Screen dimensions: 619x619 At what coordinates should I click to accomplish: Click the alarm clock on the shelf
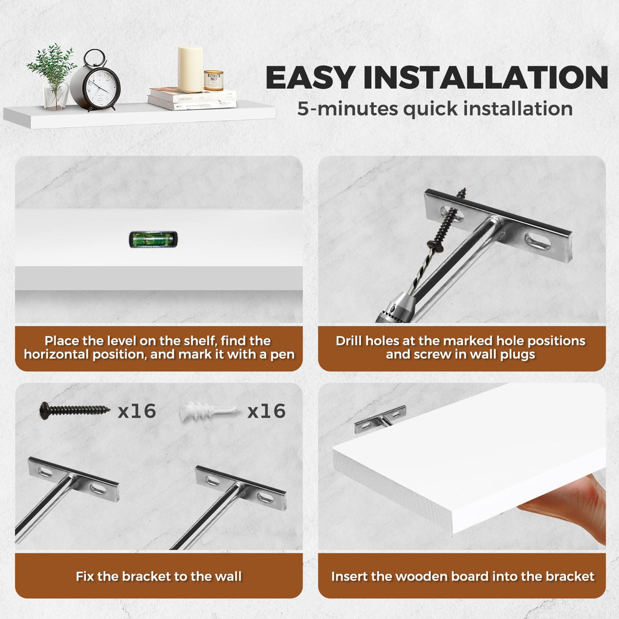95,81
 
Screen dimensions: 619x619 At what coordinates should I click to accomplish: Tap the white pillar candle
190,69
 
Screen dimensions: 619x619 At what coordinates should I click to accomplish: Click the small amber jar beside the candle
213,80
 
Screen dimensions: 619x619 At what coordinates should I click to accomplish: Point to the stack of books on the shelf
192,99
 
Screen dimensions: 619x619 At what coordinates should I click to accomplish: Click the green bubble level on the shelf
153,239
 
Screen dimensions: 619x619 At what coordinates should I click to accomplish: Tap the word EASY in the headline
309,77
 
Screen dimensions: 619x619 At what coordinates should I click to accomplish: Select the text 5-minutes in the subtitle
348,109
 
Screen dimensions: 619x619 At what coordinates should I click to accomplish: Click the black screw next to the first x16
74,410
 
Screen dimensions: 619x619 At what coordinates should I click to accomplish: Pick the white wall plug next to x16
209,412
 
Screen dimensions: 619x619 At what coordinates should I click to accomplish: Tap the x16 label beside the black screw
137,411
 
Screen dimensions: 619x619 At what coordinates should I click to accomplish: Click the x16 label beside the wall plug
267,411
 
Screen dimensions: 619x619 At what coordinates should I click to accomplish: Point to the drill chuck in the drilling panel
395,307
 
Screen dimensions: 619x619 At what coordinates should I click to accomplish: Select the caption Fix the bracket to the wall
159,576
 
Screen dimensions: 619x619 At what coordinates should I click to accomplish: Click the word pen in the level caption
282,355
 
